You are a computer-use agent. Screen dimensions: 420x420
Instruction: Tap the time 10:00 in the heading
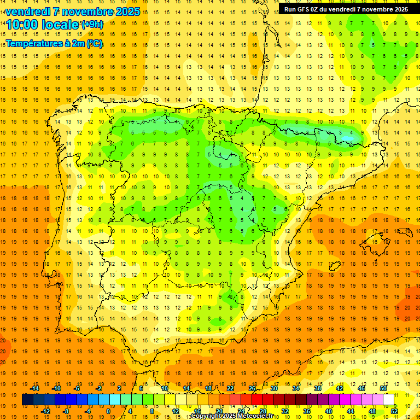(x=24, y=25)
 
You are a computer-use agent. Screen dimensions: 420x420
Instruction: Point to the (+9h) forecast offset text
(x=91, y=25)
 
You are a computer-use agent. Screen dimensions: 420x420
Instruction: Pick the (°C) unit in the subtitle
(x=95, y=44)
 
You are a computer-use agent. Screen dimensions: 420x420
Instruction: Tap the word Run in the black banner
(x=290, y=9)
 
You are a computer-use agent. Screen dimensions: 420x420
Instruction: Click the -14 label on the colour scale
(x=36, y=388)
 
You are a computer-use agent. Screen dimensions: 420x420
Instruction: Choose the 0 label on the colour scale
(x=108, y=411)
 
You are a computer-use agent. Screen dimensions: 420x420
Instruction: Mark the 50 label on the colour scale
(x=383, y=388)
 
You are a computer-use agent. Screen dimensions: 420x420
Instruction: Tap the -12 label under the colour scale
(x=46, y=411)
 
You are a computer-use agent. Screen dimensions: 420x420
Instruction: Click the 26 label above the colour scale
(x=252, y=388)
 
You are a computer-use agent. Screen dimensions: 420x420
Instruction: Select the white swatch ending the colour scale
(x=388, y=400)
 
